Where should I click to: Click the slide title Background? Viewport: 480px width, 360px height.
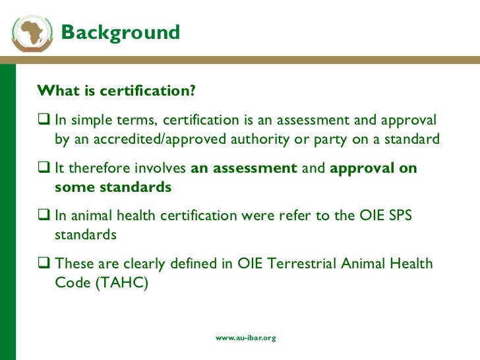pos(120,32)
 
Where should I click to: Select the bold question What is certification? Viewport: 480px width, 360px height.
pos(117,91)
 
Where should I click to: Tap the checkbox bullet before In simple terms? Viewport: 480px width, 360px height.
pos(44,121)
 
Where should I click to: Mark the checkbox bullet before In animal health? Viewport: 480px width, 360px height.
pos(44,216)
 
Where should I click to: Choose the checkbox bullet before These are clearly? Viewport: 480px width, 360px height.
pos(44,264)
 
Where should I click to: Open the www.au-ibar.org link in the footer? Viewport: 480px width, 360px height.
pos(246,338)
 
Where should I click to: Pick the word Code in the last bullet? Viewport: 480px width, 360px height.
pos(70,283)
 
